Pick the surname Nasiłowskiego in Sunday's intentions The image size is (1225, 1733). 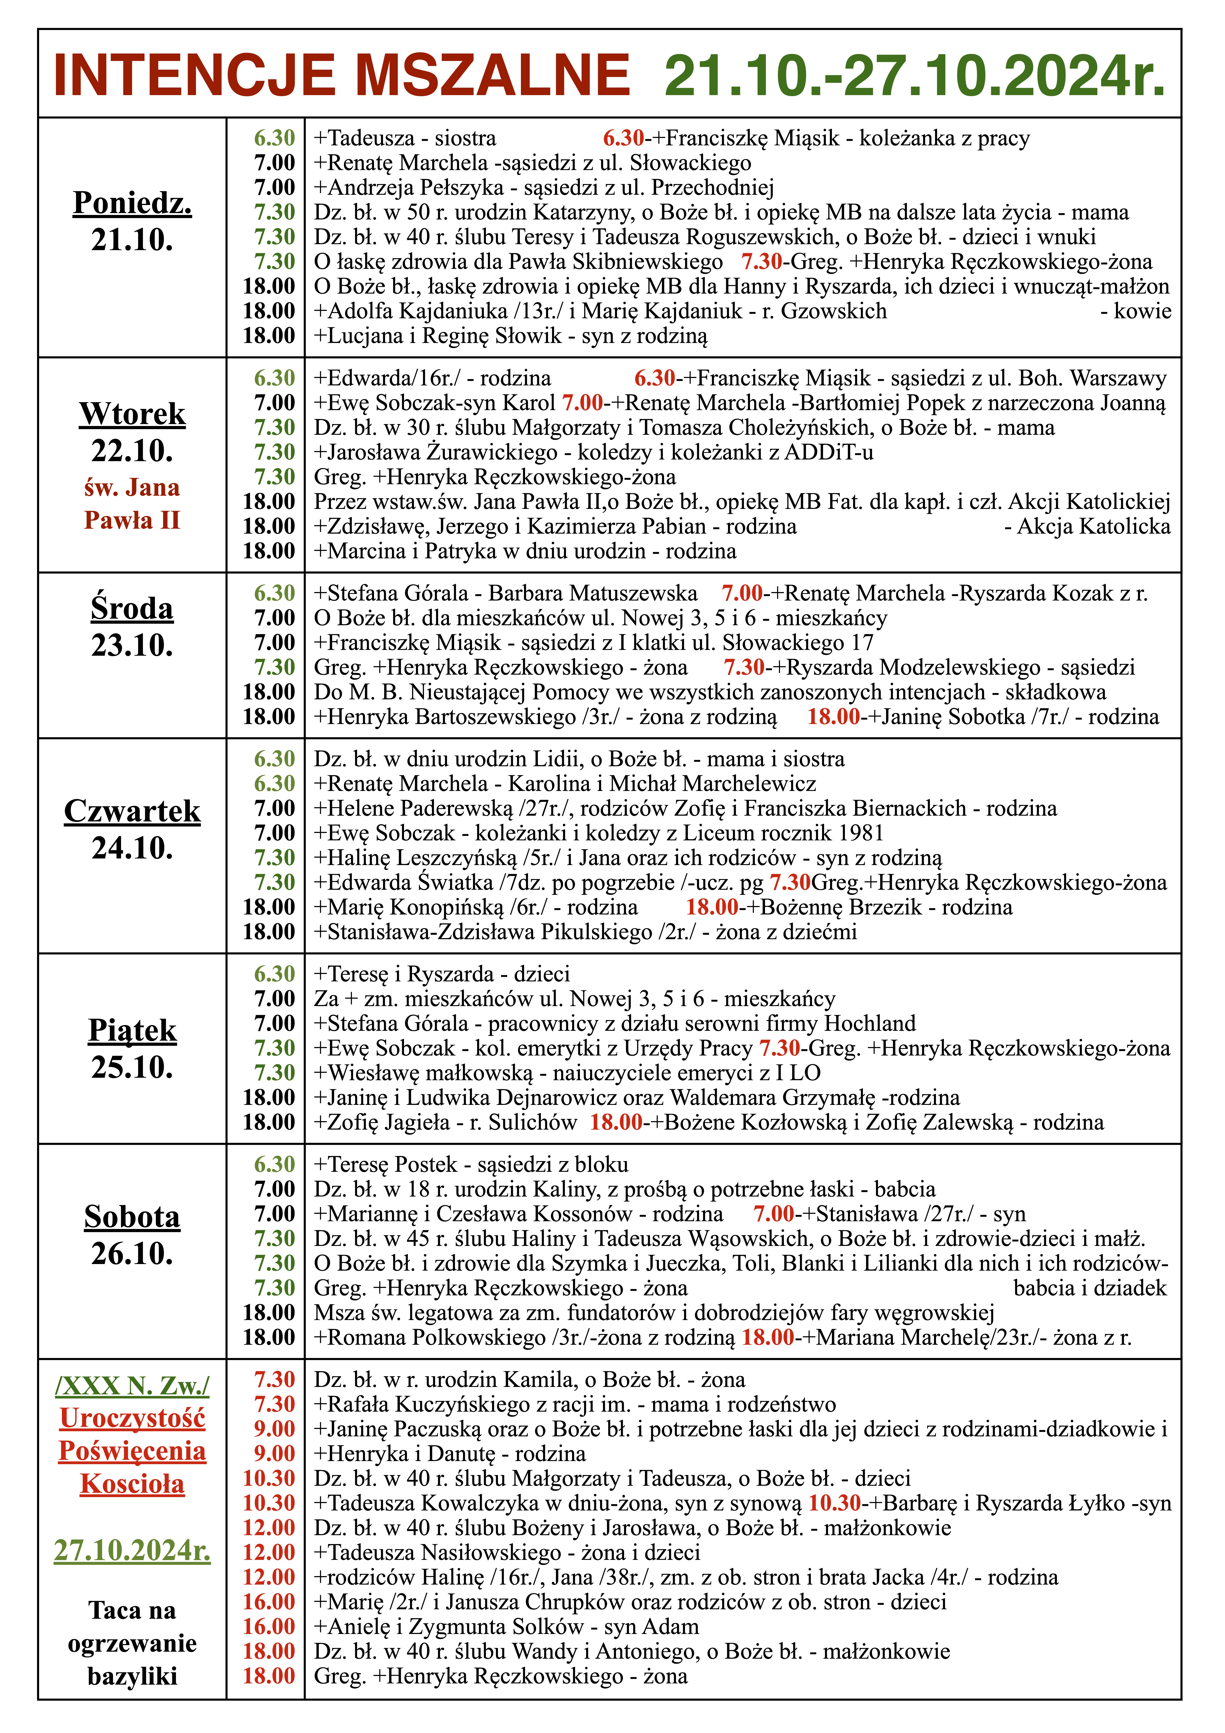click(491, 1553)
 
